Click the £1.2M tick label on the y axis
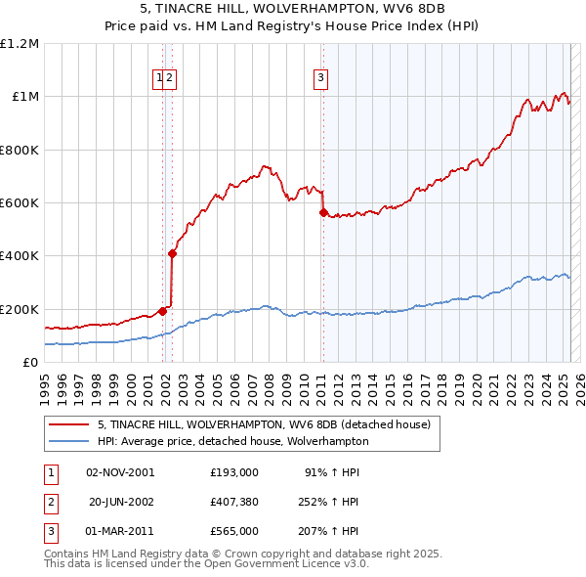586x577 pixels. coord(21,44)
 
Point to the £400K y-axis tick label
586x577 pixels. coord(20,256)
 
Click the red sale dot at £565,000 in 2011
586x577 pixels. coord(322,212)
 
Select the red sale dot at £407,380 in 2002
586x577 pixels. coord(172,253)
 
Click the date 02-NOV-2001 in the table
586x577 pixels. coord(120,471)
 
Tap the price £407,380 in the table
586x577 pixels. coord(233,502)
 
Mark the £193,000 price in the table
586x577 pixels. coord(233,471)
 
